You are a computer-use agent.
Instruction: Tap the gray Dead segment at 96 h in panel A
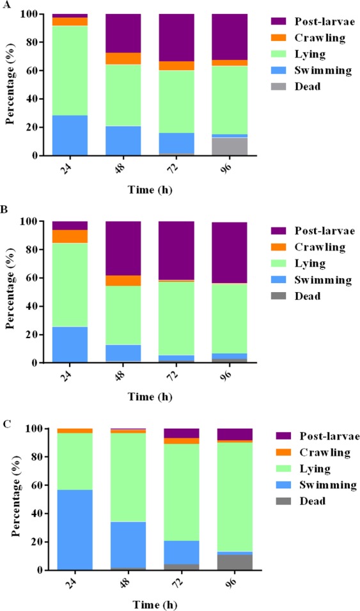229,146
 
